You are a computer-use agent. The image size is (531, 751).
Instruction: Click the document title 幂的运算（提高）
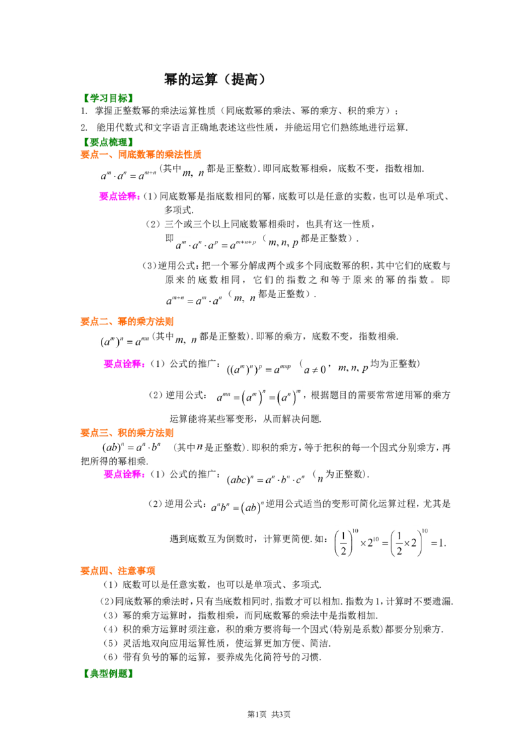click(214, 79)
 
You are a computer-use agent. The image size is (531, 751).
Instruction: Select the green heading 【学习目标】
click(107, 98)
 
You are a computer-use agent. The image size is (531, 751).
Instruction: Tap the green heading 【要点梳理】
click(107, 142)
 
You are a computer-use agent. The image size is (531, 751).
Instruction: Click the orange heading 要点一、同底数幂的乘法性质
click(141, 154)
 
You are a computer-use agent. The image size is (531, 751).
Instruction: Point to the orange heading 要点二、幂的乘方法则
click(127, 321)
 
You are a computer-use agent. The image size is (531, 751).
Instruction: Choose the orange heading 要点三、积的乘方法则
click(127, 433)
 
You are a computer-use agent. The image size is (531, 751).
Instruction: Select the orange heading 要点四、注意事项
click(118, 571)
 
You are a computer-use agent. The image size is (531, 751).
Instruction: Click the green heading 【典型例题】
click(107, 673)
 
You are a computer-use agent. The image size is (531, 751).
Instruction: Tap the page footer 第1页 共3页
click(269, 714)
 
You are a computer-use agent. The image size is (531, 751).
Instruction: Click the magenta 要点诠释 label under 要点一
click(119, 196)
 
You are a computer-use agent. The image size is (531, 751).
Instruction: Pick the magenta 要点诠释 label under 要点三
click(124, 474)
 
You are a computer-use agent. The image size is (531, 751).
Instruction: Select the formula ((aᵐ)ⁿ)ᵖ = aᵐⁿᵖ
click(259, 370)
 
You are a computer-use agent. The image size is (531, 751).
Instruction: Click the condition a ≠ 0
click(315, 370)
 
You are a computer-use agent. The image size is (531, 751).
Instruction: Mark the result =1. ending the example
click(439, 543)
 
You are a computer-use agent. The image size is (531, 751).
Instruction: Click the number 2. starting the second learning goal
click(84, 127)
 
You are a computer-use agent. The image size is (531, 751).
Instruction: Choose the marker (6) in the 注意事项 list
click(111, 657)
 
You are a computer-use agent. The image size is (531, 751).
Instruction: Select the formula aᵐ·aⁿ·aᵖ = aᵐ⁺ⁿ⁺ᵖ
click(216, 245)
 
